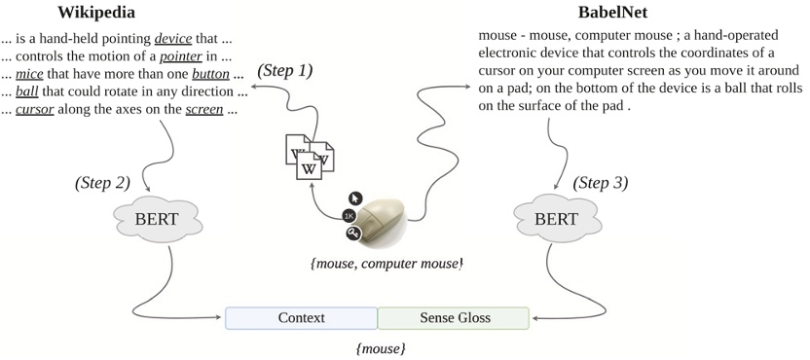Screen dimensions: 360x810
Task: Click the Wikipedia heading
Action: [96, 13]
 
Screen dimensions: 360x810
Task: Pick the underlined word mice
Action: [31, 74]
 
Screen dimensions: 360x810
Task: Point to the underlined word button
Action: [209, 74]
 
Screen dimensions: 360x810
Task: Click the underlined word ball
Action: [27, 91]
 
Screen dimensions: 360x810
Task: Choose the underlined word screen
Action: [204, 110]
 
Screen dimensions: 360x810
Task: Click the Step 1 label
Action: [285, 71]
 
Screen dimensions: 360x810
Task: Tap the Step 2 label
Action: [102, 182]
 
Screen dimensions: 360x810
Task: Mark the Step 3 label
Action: [601, 182]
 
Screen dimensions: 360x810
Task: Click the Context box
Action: [301, 318]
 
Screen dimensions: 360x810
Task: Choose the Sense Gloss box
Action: [454, 318]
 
